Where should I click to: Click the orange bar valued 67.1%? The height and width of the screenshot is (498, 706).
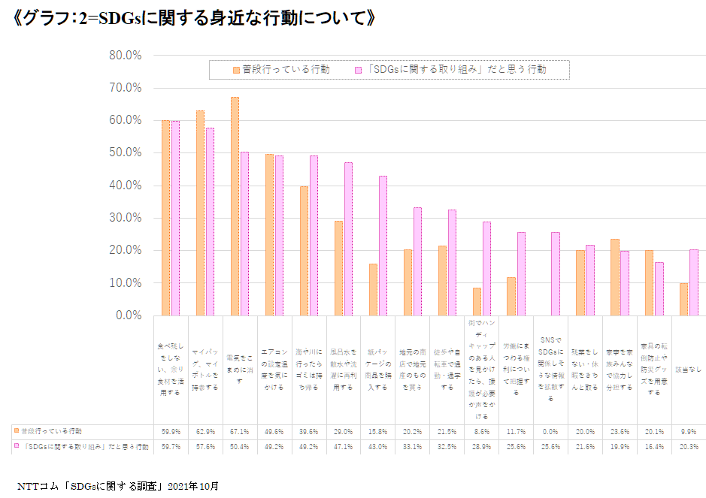tap(235, 206)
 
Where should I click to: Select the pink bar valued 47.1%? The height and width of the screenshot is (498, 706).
tap(348, 239)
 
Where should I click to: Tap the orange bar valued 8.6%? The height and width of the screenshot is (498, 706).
tap(477, 301)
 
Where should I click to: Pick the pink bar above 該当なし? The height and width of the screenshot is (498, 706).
tap(694, 282)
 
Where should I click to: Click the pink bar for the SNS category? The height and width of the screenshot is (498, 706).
tap(556, 273)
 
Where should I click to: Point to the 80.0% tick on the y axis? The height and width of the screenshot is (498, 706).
tap(126, 55)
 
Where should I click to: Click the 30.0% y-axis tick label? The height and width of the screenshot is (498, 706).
tap(126, 218)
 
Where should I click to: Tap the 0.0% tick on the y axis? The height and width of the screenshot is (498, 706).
tap(128, 315)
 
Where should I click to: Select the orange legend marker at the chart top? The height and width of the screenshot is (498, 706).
tap(236, 69)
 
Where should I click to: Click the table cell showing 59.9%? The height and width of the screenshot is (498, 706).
tap(170, 432)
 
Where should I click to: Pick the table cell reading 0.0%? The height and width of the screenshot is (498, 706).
tap(550, 432)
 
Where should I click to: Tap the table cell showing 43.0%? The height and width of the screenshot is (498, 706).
tap(377, 447)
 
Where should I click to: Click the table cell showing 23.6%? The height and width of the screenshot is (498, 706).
tap(620, 432)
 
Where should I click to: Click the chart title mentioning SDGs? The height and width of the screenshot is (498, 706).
tap(194, 18)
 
